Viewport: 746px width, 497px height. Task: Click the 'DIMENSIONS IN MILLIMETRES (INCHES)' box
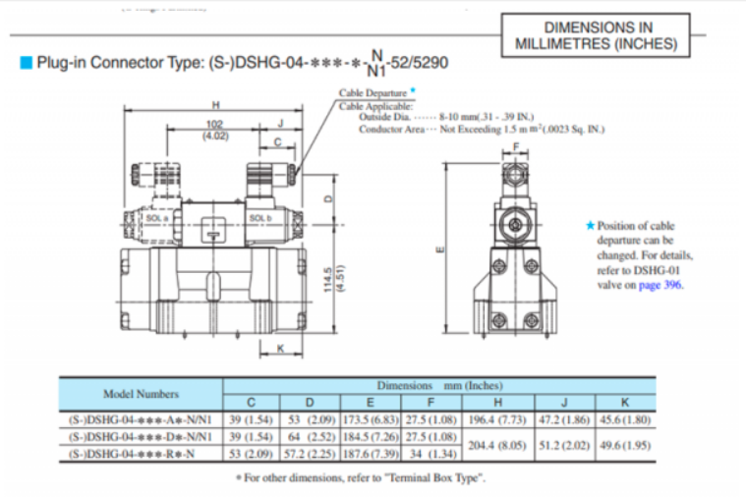596,36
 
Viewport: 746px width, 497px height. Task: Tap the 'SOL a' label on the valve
159,216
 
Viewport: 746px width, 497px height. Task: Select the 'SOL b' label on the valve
259,217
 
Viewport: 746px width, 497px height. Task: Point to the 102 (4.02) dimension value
215,130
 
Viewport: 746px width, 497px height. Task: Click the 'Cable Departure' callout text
373,93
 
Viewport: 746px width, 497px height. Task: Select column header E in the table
370,403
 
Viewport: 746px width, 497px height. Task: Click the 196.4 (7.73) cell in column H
495,419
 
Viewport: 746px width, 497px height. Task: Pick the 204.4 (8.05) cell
495,444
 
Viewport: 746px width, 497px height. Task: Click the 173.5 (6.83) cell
370,419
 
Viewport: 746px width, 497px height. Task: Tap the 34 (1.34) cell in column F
430,454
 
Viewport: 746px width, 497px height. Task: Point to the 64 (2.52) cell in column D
311,436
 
